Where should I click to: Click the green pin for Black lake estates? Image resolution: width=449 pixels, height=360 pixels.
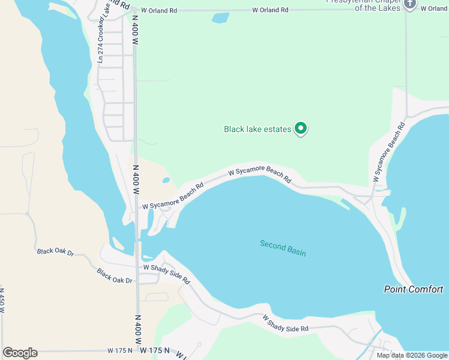pyautogui.click(x=301, y=128)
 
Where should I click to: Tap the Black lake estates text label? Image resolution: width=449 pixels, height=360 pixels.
pyautogui.click(x=257, y=129)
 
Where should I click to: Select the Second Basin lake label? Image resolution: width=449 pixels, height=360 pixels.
pyautogui.click(x=283, y=248)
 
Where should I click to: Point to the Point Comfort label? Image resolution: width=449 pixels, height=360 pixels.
pyautogui.click(x=414, y=289)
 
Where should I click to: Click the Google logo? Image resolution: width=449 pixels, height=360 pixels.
pyautogui.click(x=20, y=353)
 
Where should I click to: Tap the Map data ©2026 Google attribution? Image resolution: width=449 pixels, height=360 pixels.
pyautogui.click(x=411, y=355)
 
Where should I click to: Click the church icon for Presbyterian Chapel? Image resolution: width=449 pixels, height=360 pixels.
pyautogui.click(x=410, y=4)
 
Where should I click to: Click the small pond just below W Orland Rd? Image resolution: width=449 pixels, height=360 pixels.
pyautogui.click(x=220, y=17)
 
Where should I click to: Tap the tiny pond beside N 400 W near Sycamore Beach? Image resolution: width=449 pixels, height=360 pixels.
pyautogui.click(x=166, y=179)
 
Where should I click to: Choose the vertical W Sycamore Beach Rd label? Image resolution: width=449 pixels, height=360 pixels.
pyautogui.click(x=385, y=152)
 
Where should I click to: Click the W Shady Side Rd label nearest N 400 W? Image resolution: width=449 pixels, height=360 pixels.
pyautogui.click(x=166, y=274)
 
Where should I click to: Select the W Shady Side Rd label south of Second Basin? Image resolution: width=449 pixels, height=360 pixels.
pyautogui.click(x=285, y=322)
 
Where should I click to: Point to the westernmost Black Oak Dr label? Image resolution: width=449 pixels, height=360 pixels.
pyautogui.click(x=55, y=253)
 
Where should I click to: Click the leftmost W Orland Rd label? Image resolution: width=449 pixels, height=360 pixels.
pyautogui.click(x=155, y=10)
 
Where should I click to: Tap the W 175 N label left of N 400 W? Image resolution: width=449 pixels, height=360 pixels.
pyautogui.click(x=119, y=350)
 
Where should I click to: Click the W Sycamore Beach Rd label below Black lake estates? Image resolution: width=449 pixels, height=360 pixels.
pyautogui.click(x=259, y=175)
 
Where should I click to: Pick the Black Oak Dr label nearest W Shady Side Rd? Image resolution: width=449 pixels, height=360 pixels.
pyautogui.click(x=115, y=275)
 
